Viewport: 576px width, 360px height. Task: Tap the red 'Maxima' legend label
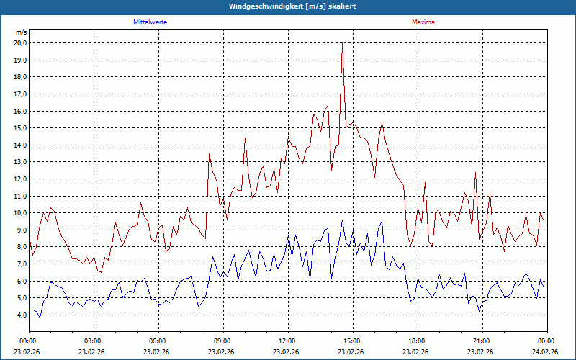tap(423, 22)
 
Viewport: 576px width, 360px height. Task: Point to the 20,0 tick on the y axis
tap(19, 42)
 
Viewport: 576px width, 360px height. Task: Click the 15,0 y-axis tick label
tap(19, 128)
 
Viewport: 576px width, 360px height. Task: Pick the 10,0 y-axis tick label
tap(19, 213)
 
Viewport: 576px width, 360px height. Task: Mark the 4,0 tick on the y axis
tap(19, 315)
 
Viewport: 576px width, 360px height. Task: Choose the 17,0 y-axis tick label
tap(19, 94)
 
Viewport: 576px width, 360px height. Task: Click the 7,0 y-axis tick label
tap(19, 264)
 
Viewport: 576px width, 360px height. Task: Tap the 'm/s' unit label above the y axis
tap(21, 32)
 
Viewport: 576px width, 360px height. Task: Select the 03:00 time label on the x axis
tap(92, 341)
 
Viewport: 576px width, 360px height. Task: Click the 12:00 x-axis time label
tap(287, 341)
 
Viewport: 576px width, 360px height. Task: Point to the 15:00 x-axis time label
tap(351, 341)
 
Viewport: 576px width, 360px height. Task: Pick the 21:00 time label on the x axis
tap(481, 341)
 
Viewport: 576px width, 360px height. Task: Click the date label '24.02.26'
tap(546, 352)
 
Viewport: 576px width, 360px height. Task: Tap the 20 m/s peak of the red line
tap(342, 43)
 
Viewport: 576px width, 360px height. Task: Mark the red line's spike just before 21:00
tap(476, 173)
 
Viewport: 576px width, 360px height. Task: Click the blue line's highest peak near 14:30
tap(343, 220)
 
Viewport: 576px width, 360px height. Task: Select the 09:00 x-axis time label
tap(222, 341)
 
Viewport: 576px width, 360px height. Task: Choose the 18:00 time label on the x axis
tap(416, 341)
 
